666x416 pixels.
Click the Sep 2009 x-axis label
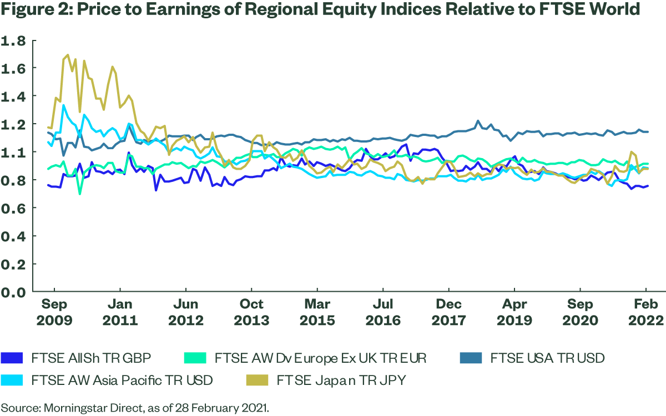pos(54,312)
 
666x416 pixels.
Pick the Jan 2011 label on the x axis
pos(120,312)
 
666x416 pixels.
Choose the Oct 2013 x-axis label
pos(251,312)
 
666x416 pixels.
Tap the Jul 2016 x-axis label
pos(383,312)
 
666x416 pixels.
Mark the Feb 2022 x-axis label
pos(646,312)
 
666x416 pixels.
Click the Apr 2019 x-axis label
pos(514,312)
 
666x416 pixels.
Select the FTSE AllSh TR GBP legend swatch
pos(13,358)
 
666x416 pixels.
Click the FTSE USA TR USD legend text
pos(547,358)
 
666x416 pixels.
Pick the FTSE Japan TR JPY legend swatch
pos(257,381)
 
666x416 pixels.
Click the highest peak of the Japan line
pos(68,55)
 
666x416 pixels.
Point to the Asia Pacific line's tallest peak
pos(63,105)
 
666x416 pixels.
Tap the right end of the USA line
pos(648,131)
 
